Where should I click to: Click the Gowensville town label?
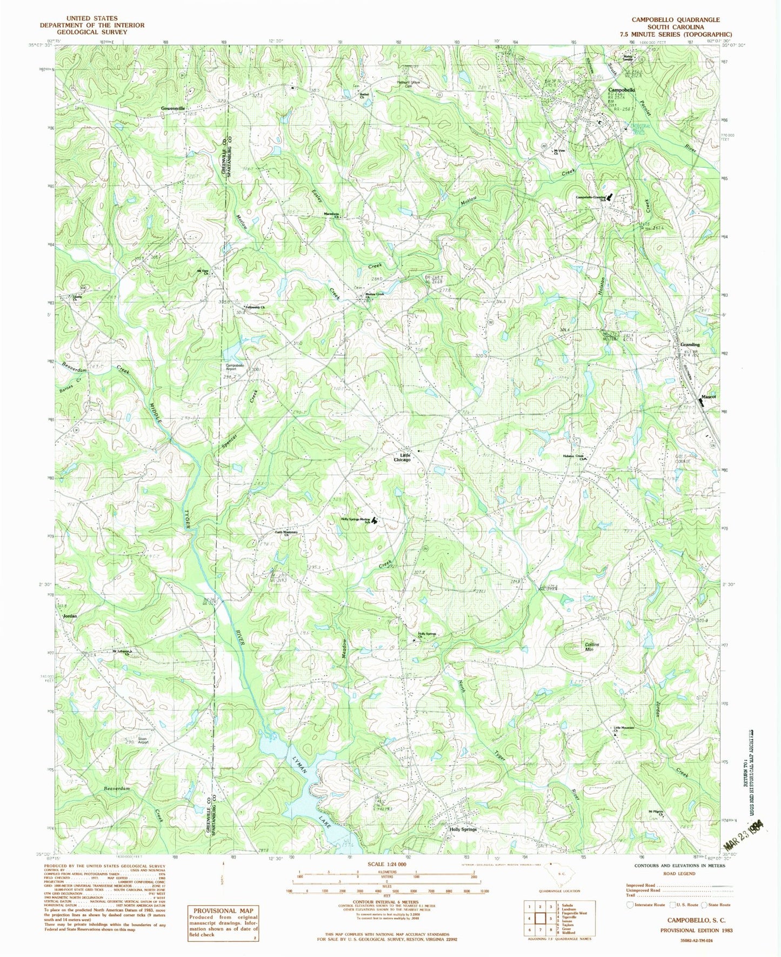coord(172,108)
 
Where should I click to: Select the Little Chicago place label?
coord(402,457)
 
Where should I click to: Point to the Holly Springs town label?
coord(463,829)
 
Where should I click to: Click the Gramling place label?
coord(690,344)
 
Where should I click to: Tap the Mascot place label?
coord(708,396)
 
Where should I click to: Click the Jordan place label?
coord(70,616)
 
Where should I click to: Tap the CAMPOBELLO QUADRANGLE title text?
coord(676,19)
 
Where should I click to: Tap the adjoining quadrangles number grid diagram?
coord(538,917)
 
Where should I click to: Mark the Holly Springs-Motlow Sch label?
coord(356,521)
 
